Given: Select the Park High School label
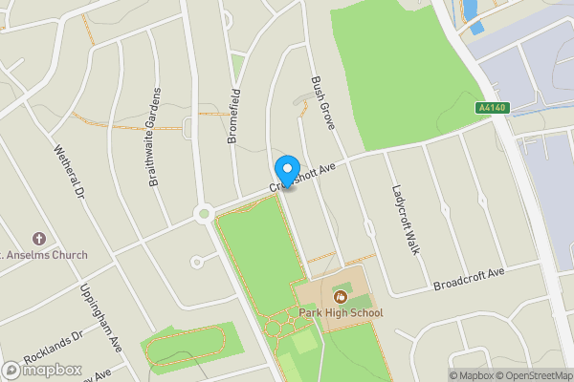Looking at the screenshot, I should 340,313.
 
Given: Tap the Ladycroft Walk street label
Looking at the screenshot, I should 407,219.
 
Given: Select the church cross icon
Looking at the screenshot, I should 38,238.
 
